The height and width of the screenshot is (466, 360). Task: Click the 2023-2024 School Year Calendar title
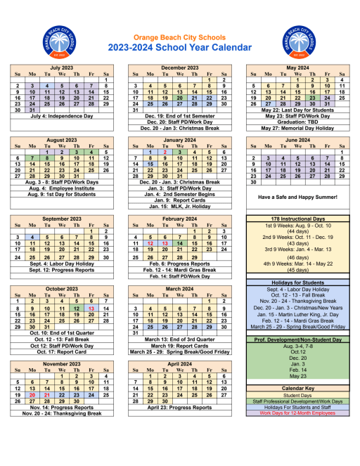click(179, 47)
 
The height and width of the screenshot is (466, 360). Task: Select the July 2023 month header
click(61, 67)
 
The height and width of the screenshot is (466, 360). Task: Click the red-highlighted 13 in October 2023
click(91, 309)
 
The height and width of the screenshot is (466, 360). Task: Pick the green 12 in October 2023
click(77, 309)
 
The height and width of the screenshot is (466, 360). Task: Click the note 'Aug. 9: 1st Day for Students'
click(63, 194)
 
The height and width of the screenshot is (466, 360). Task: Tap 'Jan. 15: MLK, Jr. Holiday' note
click(179, 207)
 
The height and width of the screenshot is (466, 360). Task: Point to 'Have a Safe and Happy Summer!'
click(298, 196)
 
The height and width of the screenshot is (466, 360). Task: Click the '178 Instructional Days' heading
click(298, 219)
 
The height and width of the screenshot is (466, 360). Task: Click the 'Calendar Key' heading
click(298, 387)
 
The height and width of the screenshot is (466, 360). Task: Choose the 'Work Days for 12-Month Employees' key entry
click(298, 413)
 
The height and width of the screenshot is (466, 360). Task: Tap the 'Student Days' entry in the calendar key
click(298, 394)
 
